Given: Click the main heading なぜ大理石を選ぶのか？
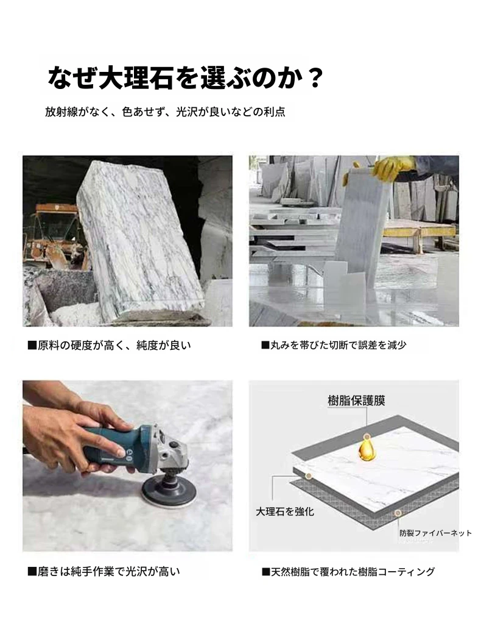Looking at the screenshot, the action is (184, 77).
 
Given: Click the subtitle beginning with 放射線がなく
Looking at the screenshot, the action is (165, 112).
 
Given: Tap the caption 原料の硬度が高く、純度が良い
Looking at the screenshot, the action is (109, 345).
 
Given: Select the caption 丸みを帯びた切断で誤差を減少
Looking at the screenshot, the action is (334, 345).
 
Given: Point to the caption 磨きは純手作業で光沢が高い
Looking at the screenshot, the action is (104, 572).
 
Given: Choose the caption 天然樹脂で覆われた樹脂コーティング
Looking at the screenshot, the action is (348, 572).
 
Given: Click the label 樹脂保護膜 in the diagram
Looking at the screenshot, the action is (356, 400).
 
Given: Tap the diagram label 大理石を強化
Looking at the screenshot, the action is (285, 511).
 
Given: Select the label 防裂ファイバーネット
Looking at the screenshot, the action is (435, 533).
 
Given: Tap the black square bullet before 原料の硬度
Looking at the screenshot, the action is (32, 346).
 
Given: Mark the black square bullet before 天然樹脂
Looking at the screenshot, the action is (266, 572).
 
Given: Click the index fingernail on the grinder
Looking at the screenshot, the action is (120, 452).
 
